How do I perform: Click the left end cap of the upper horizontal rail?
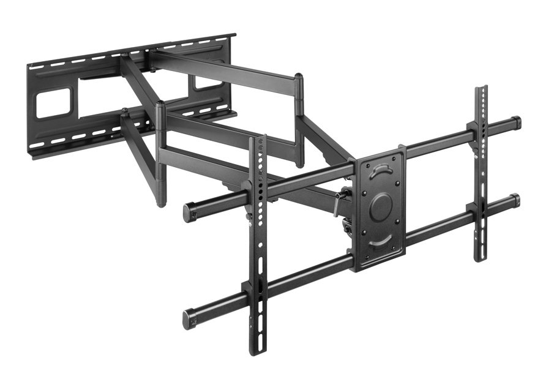click(x=189, y=212)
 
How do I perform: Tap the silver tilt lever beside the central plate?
click(x=337, y=203)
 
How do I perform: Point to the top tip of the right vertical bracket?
click(x=481, y=89)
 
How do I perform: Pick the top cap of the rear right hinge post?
click(x=299, y=77)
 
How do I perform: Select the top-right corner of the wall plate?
click(x=234, y=36)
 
